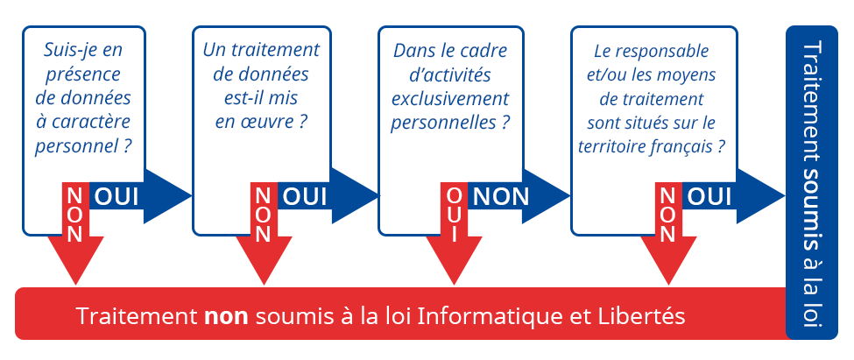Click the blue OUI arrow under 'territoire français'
732,196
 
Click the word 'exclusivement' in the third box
450,99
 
